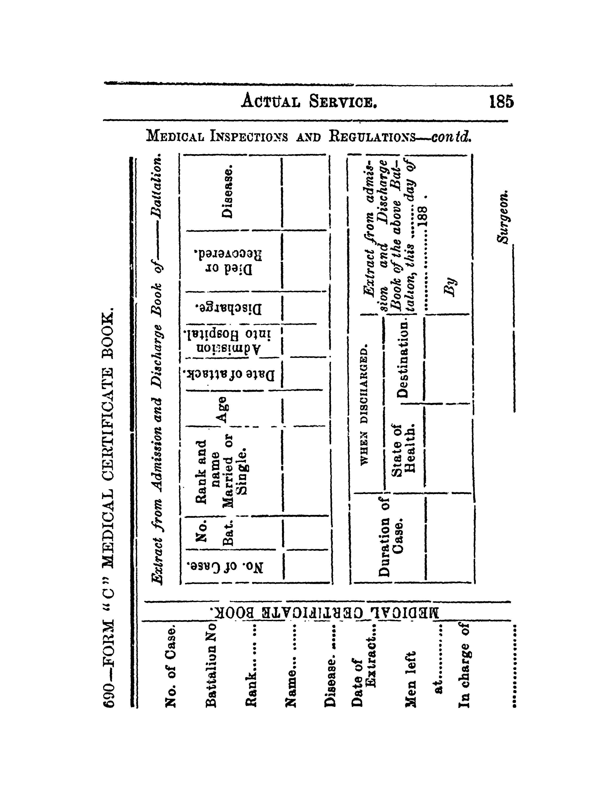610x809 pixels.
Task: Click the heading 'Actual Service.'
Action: coord(309,101)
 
